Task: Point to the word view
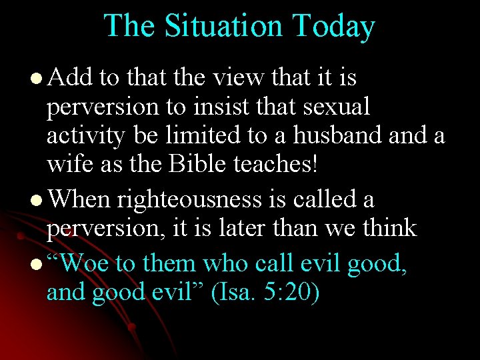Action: coord(238,78)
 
